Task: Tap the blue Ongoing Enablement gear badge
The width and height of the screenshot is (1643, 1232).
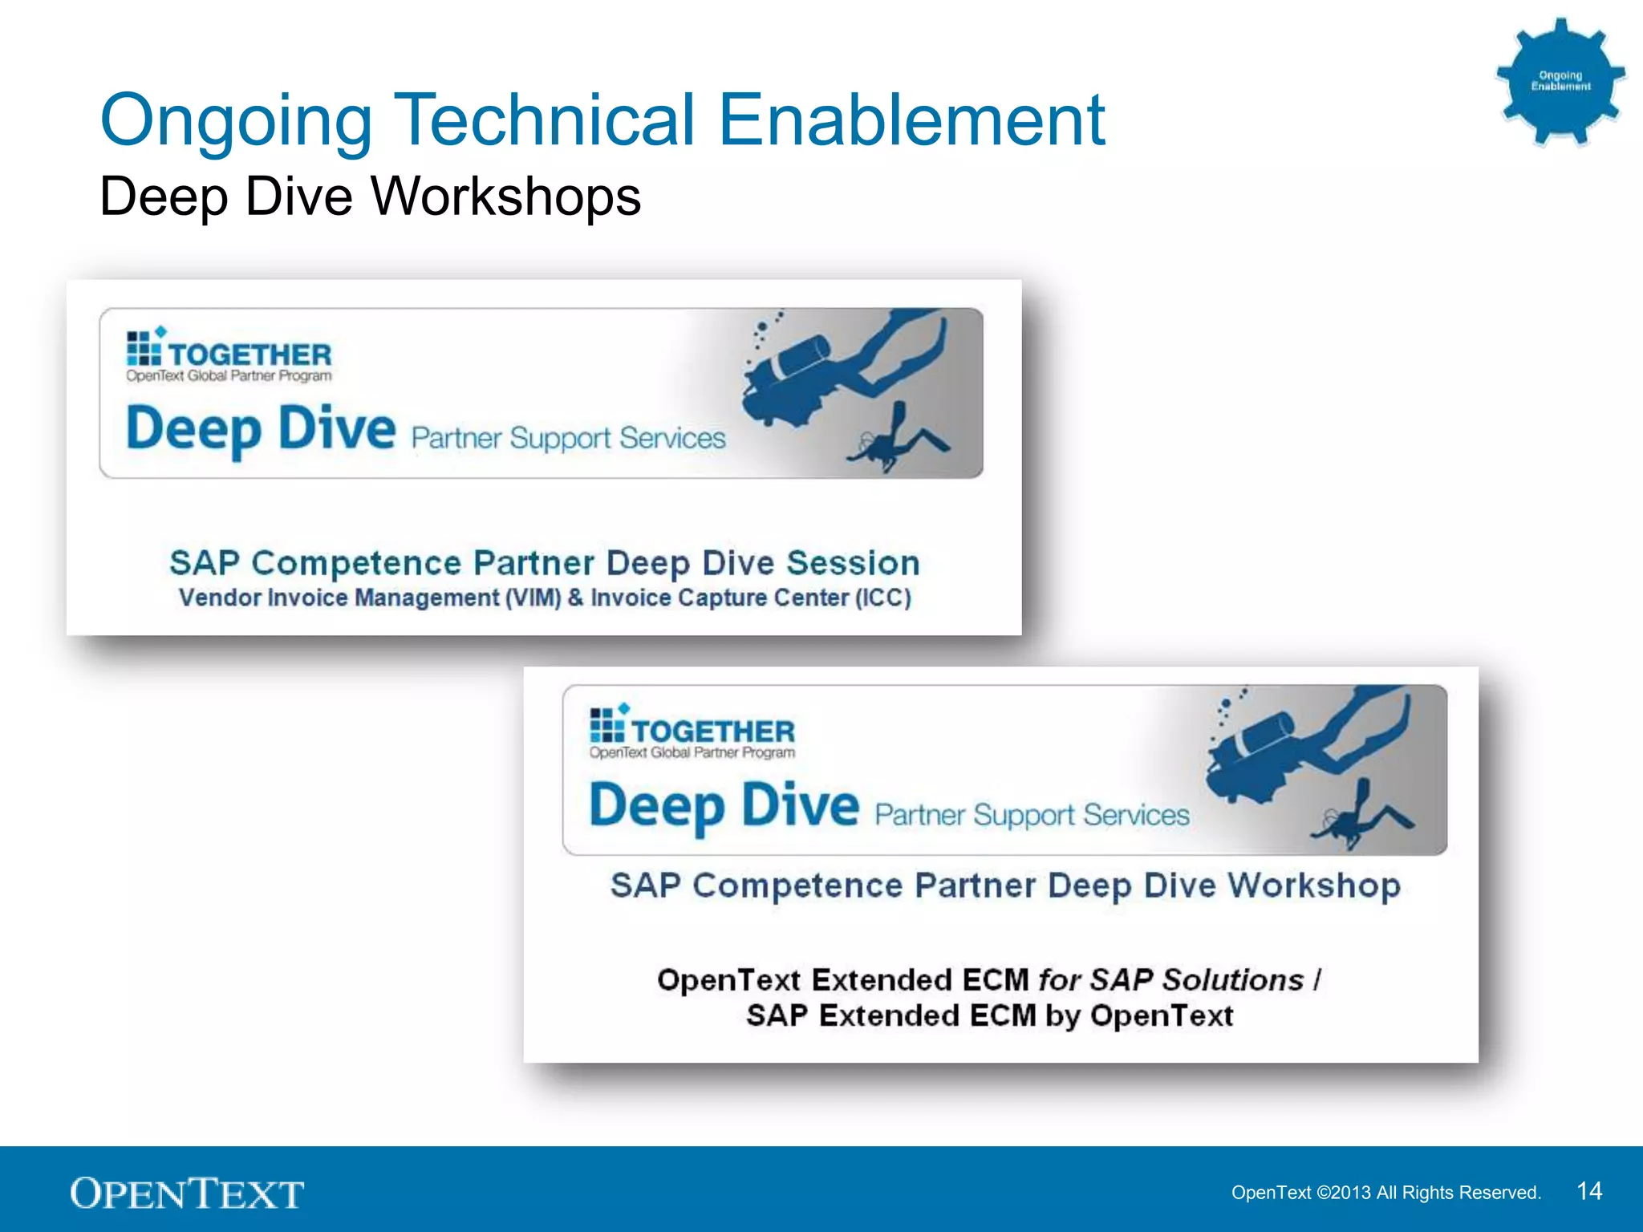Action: pyautogui.click(x=1560, y=81)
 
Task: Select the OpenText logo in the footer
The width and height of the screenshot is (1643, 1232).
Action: pyautogui.click(x=187, y=1193)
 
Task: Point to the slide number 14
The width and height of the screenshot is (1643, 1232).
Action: pyautogui.click(x=1588, y=1190)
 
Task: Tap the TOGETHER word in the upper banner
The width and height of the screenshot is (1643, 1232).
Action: pyautogui.click(x=249, y=355)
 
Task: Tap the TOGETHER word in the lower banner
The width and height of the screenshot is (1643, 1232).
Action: pyautogui.click(x=713, y=731)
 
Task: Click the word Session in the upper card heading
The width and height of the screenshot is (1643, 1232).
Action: pyautogui.click(x=852, y=563)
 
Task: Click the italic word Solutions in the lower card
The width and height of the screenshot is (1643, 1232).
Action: pyautogui.click(x=1233, y=980)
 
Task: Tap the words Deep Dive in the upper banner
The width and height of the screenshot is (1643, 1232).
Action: pyautogui.click(x=261, y=429)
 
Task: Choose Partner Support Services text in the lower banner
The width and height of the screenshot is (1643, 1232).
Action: pyautogui.click(x=1032, y=815)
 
